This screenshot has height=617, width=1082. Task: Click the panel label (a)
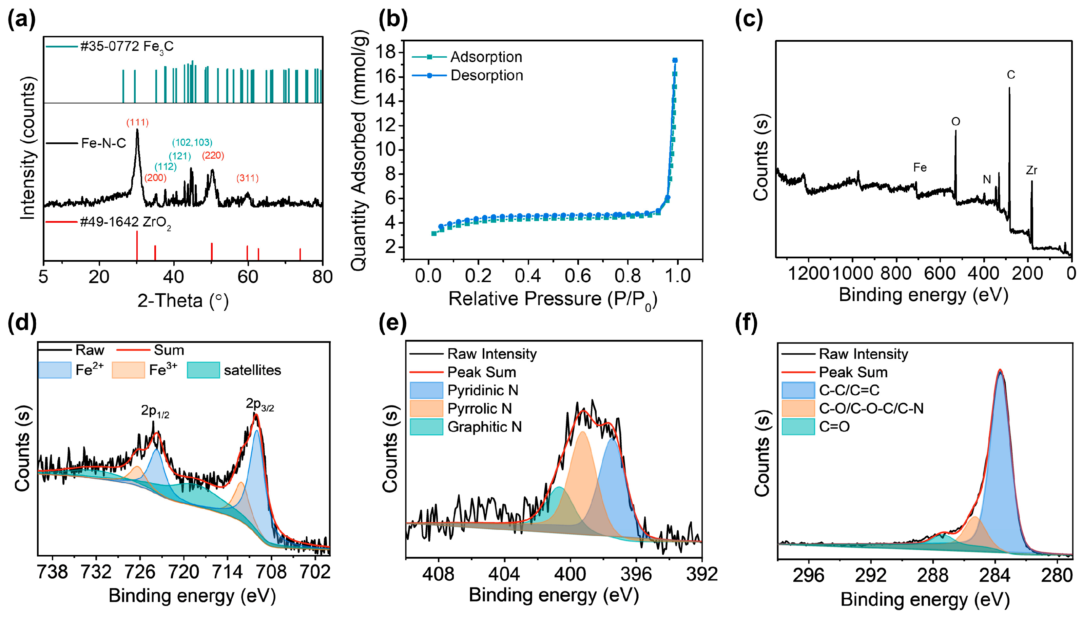[21, 20]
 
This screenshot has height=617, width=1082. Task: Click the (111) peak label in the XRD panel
[137, 123]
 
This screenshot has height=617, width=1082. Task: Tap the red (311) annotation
[247, 178]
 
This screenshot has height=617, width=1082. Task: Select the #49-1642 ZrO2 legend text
[125, 222]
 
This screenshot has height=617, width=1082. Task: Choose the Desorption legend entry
[486, 75]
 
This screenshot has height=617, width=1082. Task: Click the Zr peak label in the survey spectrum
[1031, 170]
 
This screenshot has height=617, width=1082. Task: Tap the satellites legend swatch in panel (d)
[203, 370]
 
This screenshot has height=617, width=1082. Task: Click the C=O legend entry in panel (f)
[834, 427]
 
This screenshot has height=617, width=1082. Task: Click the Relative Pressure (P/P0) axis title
[552, 299]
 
